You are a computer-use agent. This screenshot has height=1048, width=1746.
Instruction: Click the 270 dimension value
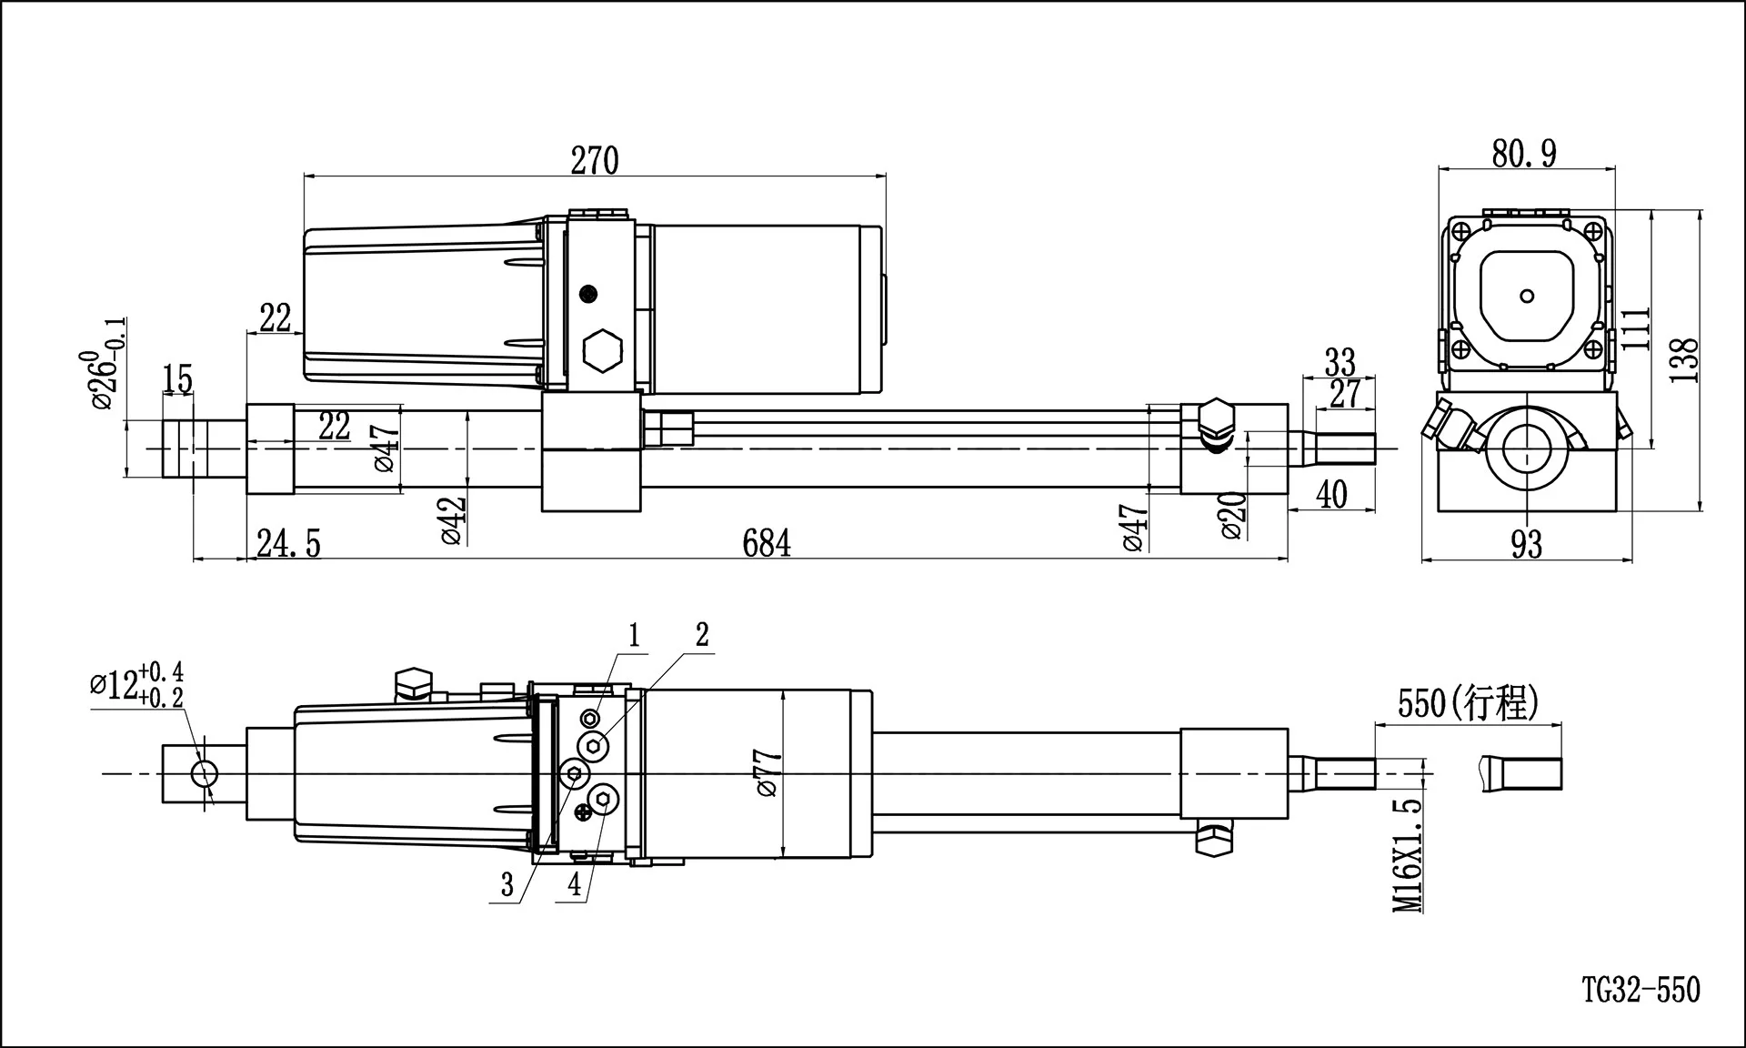pyautogui.click(x=595, y=160)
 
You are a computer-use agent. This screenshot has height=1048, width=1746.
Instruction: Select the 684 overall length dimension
pyautogui.click(x=767, y=543)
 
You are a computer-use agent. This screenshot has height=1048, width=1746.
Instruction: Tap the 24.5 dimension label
pyautogui.click(x=288, y=543)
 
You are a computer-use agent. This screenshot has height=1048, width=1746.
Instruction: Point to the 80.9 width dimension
pyautogui.click(x=1524, y=153)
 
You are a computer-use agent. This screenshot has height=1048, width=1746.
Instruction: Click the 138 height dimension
pyautogui.click(x=1684, y=359)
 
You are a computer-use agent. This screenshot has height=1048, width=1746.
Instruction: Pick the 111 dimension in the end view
pyautogui.click(x=1635, y=329)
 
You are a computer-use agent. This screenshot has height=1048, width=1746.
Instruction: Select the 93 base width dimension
pyautogui.click(x=1527, y=544)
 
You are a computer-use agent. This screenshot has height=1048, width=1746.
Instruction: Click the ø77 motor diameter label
pyautogui.click(x=768, y=773)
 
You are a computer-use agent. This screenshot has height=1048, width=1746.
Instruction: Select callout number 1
pyautogui.click(x=634, y=636)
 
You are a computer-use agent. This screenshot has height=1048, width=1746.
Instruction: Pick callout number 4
pyautogui.click(x=574, y=883)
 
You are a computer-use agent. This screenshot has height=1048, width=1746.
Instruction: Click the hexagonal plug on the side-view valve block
pyautogui.click(x=601, y=349)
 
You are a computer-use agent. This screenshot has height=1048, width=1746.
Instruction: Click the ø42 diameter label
pyautogui.click(x=454, y=520)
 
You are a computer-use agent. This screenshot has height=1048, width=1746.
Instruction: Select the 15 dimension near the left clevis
pyautogui.click(x=178, y=378)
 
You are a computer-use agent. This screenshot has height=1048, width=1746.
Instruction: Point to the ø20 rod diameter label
pyautogui.click(x=1232, y=516)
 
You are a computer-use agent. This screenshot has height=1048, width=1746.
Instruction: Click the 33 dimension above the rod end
pyautogui.click(x=1340, y=362)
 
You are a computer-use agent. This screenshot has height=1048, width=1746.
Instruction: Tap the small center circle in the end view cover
pyautogui.click(x=1528, y=296)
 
